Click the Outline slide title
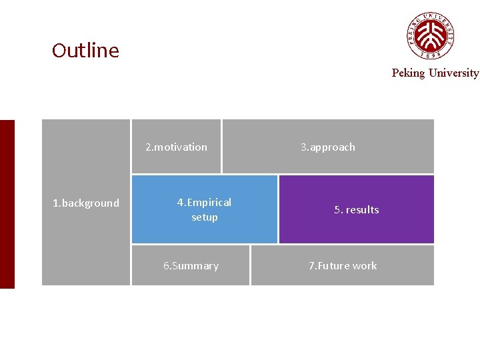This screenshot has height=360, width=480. point(85,51)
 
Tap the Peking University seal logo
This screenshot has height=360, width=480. point(431,35)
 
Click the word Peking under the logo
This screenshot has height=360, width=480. point(408,73)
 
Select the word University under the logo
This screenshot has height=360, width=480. point(453,73)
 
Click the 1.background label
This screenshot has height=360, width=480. point(86,203)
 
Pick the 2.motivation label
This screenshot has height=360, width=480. point(176,147)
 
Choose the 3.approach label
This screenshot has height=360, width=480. point(327,147)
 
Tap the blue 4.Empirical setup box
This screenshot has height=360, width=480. point(204,209)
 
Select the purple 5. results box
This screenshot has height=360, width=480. point(356,209)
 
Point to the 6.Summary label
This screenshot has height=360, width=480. point(191,266)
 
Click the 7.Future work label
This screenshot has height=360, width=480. point(342,266)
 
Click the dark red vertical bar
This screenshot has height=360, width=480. point(7,204)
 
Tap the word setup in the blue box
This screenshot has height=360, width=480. point(205,217)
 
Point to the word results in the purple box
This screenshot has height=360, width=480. point(362,210)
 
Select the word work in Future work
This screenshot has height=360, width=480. point(365,266)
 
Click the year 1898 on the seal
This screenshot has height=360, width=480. point(431,56)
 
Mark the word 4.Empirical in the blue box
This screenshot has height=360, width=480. point(204,203)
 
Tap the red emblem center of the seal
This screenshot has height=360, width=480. point(431,34)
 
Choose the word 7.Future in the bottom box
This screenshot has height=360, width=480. point(329,266)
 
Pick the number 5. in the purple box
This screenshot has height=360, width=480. point(338,210)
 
